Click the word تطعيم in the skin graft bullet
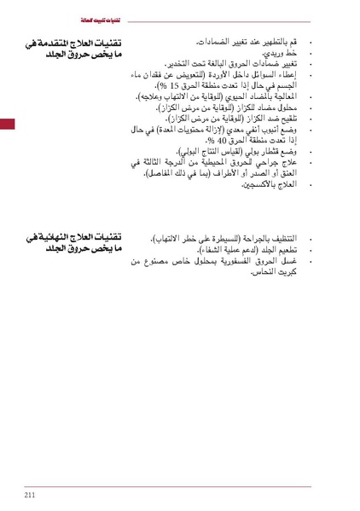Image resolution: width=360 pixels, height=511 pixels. point(287,249)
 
